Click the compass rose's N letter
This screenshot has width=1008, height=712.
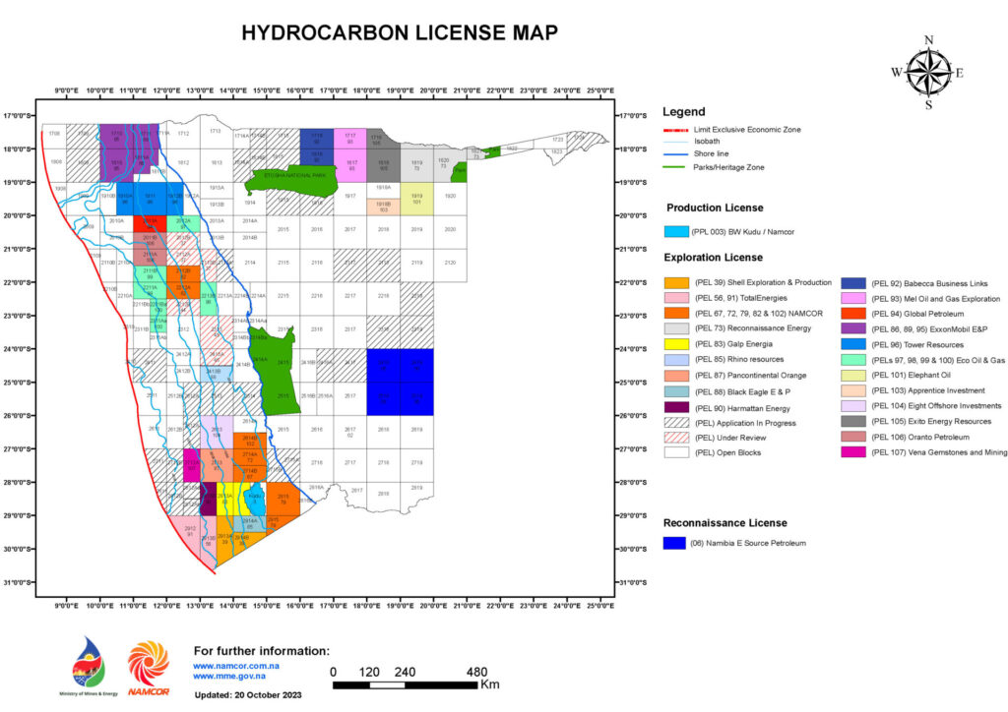pyautogui.click(x=928, y=41)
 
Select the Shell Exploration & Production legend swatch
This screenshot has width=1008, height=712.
pyautogui.click(x=676, y=283)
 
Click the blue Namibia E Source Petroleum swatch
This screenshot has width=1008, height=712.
pyautogui.click(x=675, y=543)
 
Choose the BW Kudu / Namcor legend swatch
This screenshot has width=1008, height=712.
pyautogui.click(x=676, y=231)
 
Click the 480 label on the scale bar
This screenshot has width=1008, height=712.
pyautogui.click(x=477, y=672)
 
